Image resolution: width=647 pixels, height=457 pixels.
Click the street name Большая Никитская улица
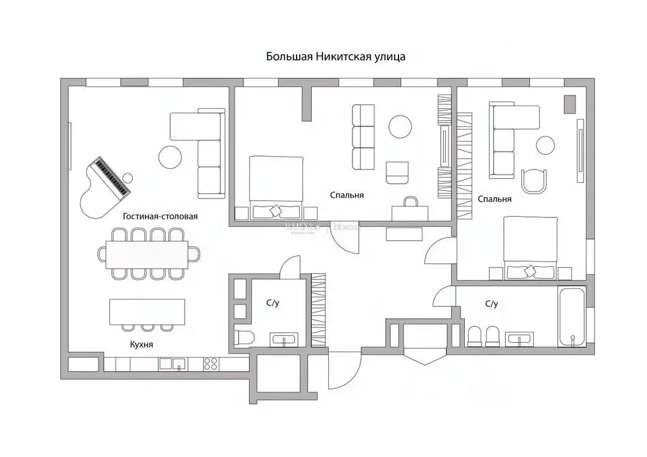click(x=335, y=56)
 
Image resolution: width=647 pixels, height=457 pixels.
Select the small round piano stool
click(x=128, y=178)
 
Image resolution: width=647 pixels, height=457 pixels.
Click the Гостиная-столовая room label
click(x=160, y=216)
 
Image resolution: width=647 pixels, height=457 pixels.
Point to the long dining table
click(x=151, y=254)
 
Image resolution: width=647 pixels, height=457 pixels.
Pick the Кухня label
click(x=142, y=344)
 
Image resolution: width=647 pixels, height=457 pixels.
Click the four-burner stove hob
click(x=211, y=363)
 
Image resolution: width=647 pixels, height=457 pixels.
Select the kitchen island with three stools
click(x=147, y=310)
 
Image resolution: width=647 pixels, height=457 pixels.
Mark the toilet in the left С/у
click(x=243, y=337)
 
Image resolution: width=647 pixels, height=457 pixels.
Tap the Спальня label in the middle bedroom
click(x=347, y=195)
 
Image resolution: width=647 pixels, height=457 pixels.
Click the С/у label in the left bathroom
click(x=273, y=303)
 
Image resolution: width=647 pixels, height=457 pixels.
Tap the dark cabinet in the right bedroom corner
click(x=570, y=104)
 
